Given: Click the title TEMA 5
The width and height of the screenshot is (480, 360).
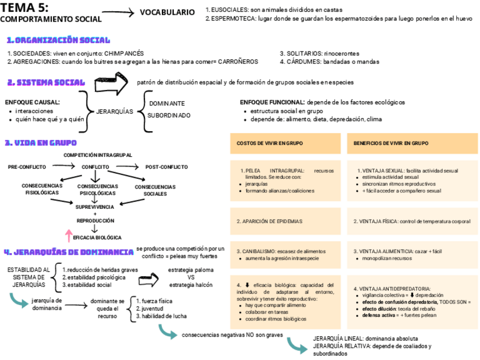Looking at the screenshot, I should point(24,8).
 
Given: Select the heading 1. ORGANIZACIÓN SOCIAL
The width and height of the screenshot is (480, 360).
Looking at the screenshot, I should point(58,41).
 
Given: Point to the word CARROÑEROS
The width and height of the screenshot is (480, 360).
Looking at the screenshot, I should point(237,61).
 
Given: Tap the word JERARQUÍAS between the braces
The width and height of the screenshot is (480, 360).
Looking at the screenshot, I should point(115,112).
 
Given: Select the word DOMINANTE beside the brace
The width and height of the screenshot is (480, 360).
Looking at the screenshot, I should point(167,104).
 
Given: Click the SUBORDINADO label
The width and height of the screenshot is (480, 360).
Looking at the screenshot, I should point(169,115).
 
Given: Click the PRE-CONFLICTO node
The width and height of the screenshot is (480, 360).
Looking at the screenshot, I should point(27,167).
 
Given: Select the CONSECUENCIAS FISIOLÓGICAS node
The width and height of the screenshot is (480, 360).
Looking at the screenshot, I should point(42,189).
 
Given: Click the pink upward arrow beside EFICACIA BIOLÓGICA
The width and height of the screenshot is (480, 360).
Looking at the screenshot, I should point(68,233).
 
